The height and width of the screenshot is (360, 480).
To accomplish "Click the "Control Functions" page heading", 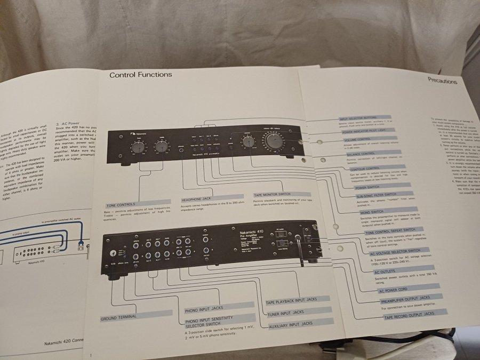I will point(141,75).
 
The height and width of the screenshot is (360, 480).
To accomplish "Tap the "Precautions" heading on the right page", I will point(442,82).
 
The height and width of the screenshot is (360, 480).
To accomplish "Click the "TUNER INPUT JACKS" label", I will point(286,312).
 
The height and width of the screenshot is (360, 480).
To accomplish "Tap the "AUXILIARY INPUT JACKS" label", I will point(291,324).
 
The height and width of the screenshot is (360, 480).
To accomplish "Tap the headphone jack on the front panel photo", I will point(183,150).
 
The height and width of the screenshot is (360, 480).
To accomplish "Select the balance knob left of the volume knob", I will point(247,142).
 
